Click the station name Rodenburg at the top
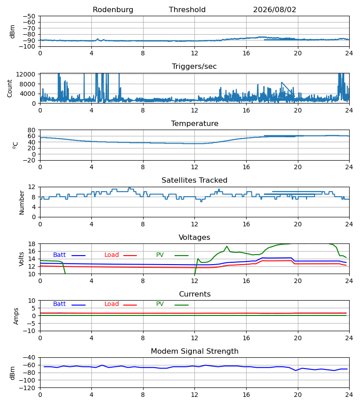click(113, 10)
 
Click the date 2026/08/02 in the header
click(274, 10)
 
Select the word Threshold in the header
click(187, 10)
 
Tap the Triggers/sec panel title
click(194, 67)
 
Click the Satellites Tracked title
click(194, 180)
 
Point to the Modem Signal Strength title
click(194, 351)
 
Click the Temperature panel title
click(194, 123)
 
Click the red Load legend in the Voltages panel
click(120, 255)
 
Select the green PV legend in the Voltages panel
click(172, 255)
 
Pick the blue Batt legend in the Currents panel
click(69, 304)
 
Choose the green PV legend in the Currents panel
click(172, 304)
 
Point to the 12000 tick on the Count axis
click(26, 74)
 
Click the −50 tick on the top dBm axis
click(29, 16)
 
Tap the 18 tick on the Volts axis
click(32, 244)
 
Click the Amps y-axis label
click(16, 316)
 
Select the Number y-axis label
click(22, 203)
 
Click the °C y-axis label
click(15, 145)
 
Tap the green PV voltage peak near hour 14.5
click(227, 246)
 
